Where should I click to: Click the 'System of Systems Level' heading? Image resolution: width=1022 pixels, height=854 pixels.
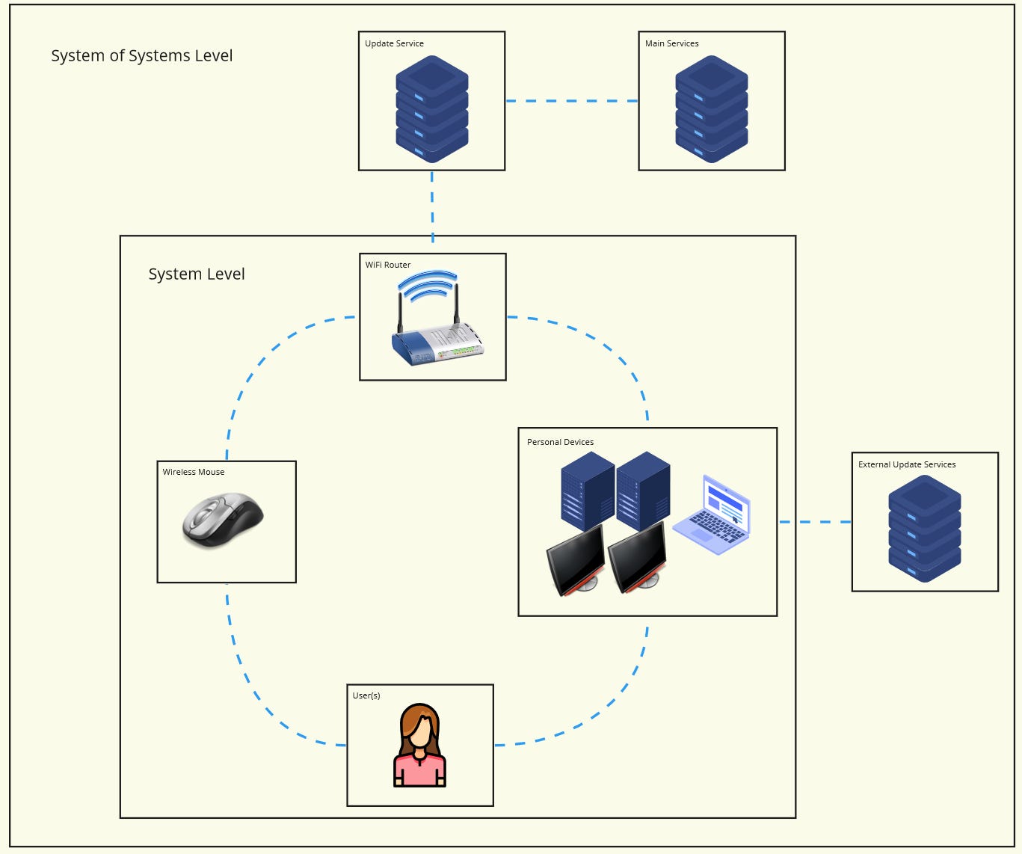(x=141, y=56)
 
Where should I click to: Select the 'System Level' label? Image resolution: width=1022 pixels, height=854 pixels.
(x=196, y=274)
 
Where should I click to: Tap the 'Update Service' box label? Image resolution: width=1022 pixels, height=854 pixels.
(x=394, y=43)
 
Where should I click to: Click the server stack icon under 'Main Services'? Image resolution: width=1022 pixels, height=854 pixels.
(x=711, y=109)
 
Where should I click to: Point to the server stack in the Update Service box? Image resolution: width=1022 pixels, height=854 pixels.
(x=431, y=109)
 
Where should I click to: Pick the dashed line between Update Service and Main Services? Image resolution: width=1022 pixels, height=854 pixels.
(x=572, y=101)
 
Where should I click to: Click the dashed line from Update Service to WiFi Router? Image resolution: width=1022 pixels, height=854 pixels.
(x=432, y=206)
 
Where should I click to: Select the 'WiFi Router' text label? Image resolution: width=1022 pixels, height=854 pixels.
(x=387, y=265)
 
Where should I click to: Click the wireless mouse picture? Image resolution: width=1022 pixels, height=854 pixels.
(x=223, y=520)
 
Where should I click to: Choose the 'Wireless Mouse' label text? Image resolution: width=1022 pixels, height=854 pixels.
(x=193, y=472)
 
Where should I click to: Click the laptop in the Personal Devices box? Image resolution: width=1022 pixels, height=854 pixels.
(x=712, y=516)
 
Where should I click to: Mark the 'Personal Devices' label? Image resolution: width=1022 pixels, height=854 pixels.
(x=560, y=442)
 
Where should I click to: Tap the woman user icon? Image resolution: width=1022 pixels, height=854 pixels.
(x=419, y=746)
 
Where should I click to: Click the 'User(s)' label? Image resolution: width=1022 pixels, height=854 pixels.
(x=366, y=695)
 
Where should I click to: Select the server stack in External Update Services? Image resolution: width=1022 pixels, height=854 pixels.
(x=924, y=529)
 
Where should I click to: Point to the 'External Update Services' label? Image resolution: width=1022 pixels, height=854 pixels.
(x=906, y=464)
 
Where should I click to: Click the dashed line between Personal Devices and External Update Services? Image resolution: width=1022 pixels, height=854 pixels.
(x=815, y=522)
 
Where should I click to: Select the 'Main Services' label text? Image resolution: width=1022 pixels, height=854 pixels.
(x=671, y=43)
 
